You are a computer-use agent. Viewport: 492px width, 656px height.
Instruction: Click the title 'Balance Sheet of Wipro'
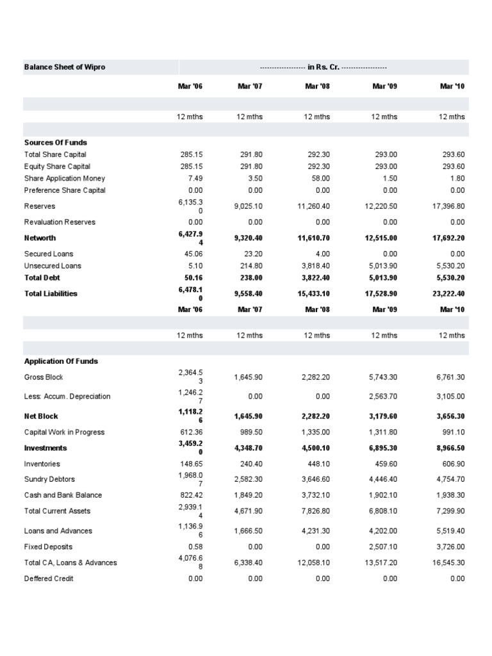tap(64, 67)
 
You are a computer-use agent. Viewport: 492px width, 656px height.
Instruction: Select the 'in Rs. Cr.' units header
tap(324, 67)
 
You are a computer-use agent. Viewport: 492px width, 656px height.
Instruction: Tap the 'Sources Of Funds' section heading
tap(56, 142)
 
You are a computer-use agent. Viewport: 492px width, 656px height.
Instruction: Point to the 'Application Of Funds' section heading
tap(61, 361)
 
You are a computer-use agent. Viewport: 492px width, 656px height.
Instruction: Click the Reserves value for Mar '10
tap(449, 206)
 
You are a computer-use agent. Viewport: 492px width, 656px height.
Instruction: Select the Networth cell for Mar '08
tap(315, 238)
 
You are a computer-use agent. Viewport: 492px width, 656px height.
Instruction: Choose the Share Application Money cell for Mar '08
tap(320, 178)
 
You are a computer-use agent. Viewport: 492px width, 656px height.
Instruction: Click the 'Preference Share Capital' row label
tap(65, 190)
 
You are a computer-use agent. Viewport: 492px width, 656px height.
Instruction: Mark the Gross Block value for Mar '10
tap(451, 377)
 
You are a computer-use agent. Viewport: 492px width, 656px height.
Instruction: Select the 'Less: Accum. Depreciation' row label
tap(67, 397)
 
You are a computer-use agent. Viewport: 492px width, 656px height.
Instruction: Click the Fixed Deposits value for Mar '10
tap(451, 547)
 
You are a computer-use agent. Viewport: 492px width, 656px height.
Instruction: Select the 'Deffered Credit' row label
tap(49, 578)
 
